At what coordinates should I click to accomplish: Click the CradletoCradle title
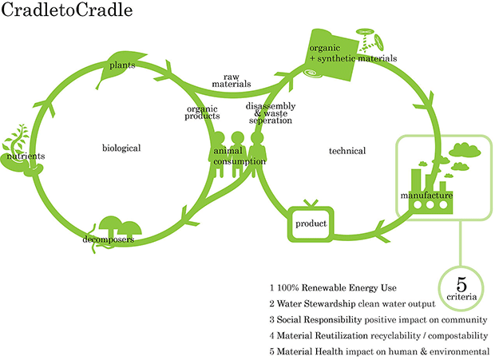click(67, 13)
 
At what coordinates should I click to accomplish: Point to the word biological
click(121, 148)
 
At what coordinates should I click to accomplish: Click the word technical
click(347, 151)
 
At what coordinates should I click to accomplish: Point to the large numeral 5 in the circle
click(461, 284)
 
